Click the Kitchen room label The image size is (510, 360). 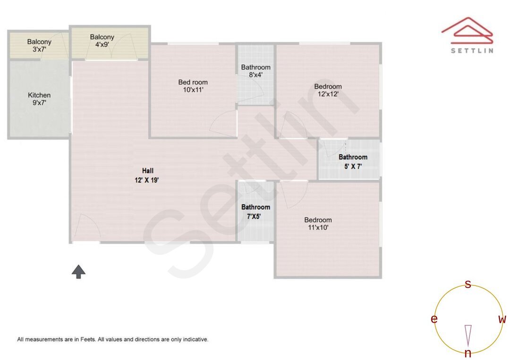pos(39,95)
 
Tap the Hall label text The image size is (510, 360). pos(148,171)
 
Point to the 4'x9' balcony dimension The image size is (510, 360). pos(102,45)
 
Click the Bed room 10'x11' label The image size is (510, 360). pos(193,86)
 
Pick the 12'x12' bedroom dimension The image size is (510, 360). pos(328,94)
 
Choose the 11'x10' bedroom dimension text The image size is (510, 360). pos(318,227)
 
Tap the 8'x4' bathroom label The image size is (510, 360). pos(255,75)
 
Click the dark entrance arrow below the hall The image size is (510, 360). pos(78,271)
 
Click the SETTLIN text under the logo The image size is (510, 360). pos(472,50)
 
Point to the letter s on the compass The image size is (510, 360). pos(468,284)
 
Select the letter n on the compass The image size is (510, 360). pos(468,353)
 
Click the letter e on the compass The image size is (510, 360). pos(434,319)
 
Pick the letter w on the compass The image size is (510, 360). pos(502,319)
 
